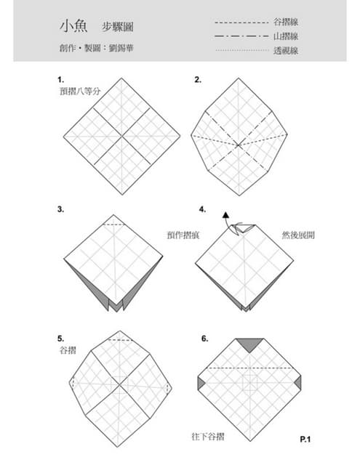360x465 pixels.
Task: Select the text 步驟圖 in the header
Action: tap(117, 25)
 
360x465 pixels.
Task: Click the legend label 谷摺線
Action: tap(286, 23)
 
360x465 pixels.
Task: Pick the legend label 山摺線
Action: tap(286, 36)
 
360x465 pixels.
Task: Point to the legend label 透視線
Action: tap(286, 50)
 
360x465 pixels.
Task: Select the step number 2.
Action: tap(197, 79)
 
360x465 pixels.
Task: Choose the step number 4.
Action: tap(202, 209)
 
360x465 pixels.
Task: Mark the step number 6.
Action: tap(205, 339)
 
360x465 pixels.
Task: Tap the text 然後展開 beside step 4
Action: tap(298, 235)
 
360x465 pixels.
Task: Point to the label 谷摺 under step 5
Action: tap(68, 350)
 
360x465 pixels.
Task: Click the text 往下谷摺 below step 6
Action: tap(208, 437)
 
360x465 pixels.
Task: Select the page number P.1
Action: tap(305, 439)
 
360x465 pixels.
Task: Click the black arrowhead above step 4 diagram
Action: tap(225, 215)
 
